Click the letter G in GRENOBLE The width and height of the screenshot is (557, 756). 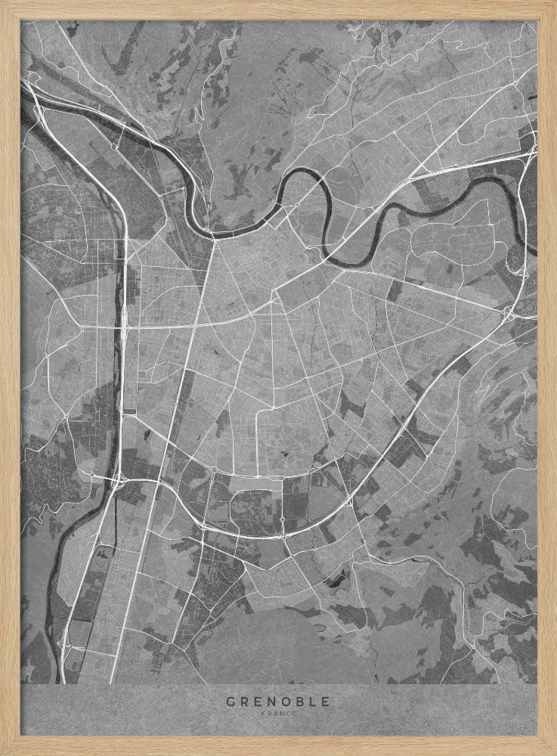[230, 702]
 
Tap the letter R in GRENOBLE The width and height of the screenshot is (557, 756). [243, 702]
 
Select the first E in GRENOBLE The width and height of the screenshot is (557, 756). [257, 702]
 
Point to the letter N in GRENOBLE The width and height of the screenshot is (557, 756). [271, 702]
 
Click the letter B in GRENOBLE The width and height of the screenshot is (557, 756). [299, 702]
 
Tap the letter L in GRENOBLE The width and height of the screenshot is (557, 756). [312, 702]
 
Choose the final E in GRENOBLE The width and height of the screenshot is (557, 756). [325, 702]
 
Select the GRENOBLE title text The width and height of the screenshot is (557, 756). [278, 702]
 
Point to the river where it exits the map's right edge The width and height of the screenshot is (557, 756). [534, 242]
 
